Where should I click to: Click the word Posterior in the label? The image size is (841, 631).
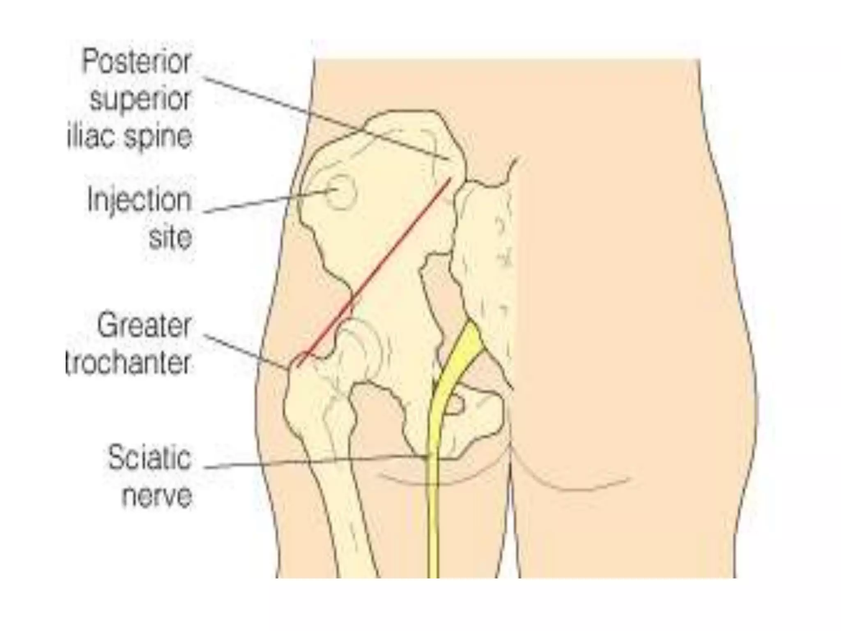tap(137, 62)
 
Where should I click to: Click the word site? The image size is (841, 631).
tap(170, 238)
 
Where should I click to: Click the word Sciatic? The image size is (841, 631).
tap(149, 458)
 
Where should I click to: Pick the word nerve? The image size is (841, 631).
tap(157, 495)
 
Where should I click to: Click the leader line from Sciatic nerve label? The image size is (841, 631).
tap(312, 463)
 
